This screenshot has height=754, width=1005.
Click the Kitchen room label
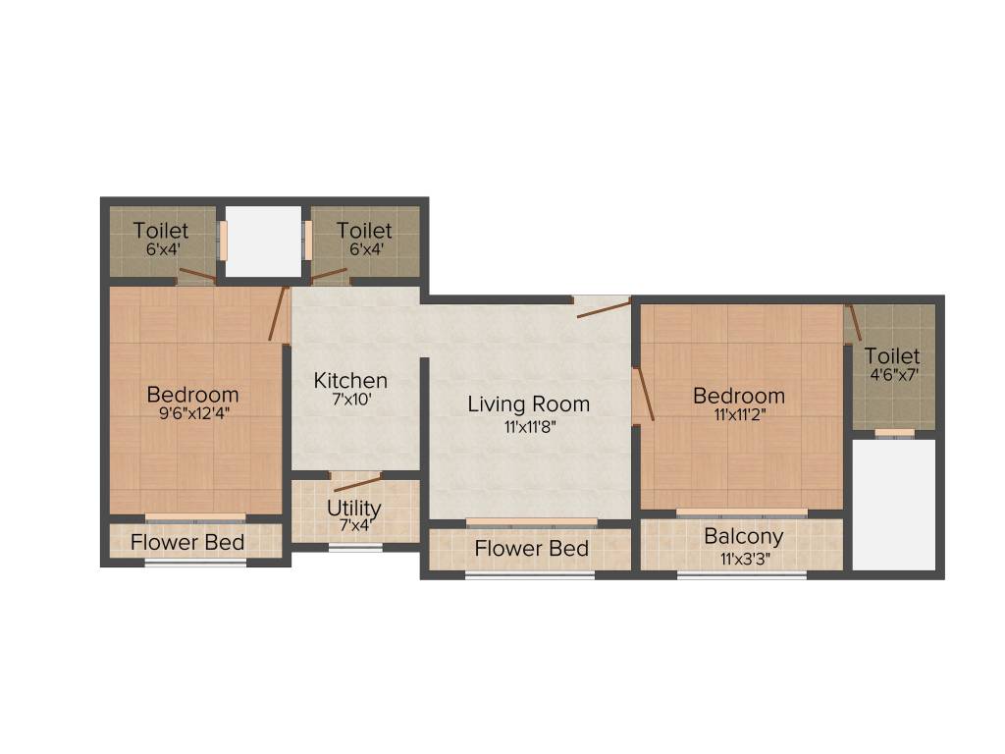coord(350,380)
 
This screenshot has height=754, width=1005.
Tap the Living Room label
coord(528,404)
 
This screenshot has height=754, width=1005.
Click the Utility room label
coord(354,510)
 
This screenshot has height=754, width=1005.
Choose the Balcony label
coord(743,536)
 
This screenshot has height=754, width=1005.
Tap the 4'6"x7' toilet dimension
coord(892,375)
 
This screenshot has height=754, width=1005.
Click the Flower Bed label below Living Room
coord(531,549)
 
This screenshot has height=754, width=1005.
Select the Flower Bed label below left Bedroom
coord(187,542)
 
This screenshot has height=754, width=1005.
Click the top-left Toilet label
coord(161,230)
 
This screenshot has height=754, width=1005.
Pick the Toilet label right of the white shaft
coord(364,230)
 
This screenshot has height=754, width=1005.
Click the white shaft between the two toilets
coord(263,242)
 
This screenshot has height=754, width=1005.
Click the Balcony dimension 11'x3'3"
coord(743,559)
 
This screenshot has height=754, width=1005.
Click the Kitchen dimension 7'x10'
coord(350,401)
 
